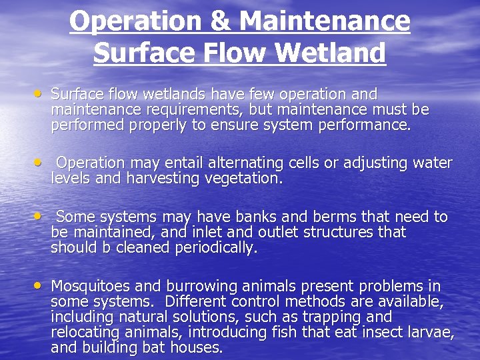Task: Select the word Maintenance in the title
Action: click(x=325, y=21)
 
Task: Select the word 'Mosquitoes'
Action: click(x=92, y=286)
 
